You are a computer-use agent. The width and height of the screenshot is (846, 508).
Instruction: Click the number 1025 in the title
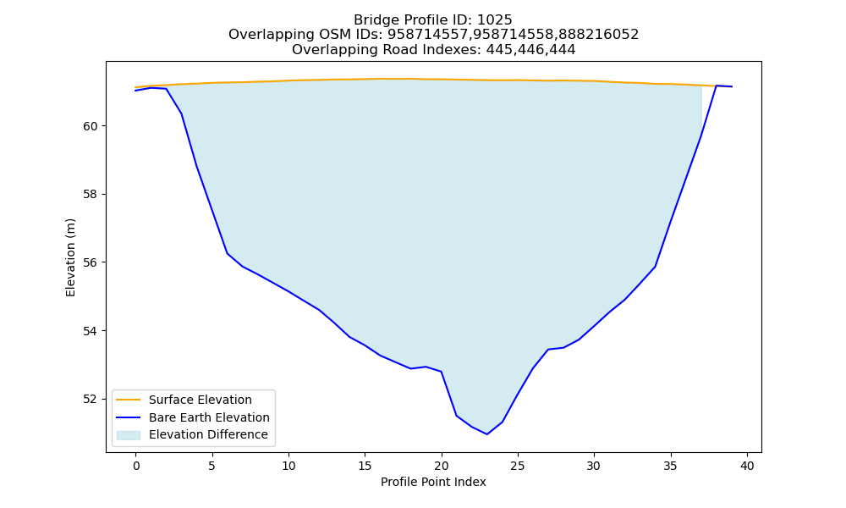pyautogui.click(x=494, y=20)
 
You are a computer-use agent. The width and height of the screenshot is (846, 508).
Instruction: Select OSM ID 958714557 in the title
pyautogui.click(x=427, y=35)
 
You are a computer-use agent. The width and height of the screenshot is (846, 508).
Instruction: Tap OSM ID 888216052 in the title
pyautogui.click(x=599, y=35)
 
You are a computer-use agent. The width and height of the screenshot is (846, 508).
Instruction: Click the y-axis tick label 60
pyautogui.click(x=91, y=126)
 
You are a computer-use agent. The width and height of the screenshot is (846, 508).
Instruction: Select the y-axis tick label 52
pyautogui.click(x=91, y=400)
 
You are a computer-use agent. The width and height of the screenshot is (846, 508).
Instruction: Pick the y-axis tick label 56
pyautogui.click(x=91, y=263)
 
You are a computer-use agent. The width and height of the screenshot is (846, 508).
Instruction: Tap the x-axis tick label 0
pyautogui.click(x=136, y=466)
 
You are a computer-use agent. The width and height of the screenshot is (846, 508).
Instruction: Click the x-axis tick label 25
pyautogui.click(x=518, y=466)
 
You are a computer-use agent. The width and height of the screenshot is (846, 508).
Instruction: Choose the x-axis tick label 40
pyautogui.click(x=747, y=466)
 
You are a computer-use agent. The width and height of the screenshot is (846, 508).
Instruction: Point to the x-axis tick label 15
pyautogui.click(x=365, y=466)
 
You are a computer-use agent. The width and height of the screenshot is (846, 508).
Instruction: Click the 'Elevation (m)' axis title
pyautogui.click(x=71, y=257)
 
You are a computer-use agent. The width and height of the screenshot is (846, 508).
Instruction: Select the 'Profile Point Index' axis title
pyautogui.click(x=433, y=482)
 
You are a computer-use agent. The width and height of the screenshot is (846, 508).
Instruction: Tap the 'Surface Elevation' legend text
pyautogui.click(x=201, y=400)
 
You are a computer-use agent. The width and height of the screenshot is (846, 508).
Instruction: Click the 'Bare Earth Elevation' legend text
pyautogui.click(x=209, y=417)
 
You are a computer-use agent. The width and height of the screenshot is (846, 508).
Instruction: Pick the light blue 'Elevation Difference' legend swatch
pyautogui.click(x=129, y=435)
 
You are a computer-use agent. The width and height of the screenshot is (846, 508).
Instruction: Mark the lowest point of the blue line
pyautogui.click(x=487, y=434)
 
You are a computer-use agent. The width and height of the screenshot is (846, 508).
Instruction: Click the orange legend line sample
pyautogui.click(x=129, y=400)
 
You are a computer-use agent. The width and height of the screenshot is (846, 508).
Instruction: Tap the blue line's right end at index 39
pyautogui.click(x=732, y=86)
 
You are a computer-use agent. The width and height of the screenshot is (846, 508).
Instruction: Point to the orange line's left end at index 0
pyautogui.click(x=135, y=87)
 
